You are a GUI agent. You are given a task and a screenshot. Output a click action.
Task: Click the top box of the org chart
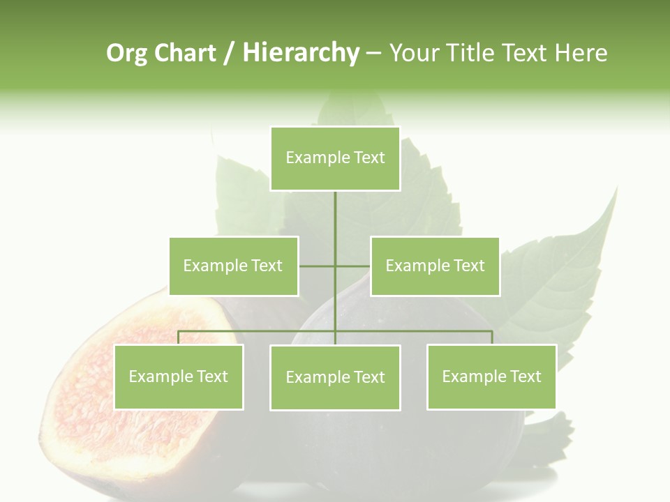click(335, 158)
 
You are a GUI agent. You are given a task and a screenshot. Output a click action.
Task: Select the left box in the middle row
click(233, 266)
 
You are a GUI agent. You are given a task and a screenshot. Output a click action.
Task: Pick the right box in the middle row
click(435, 266)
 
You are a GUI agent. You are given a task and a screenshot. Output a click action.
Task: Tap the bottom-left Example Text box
click(179, 376)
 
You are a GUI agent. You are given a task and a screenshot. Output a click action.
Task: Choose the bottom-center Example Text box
click(335, 377)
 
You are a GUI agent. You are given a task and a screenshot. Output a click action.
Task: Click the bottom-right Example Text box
click(491, 376)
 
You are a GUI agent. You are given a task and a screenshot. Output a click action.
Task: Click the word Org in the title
click(126, 53)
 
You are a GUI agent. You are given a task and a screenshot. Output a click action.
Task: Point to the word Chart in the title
click(185, 53)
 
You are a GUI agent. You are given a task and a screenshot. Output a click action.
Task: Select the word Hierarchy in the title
click(301, 53)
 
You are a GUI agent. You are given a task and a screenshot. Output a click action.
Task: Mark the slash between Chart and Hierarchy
click(230, 53)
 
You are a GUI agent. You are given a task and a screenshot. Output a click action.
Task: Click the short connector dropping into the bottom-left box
click(179, 337)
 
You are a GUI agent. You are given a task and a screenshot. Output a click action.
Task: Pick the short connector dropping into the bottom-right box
click(491, 337)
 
